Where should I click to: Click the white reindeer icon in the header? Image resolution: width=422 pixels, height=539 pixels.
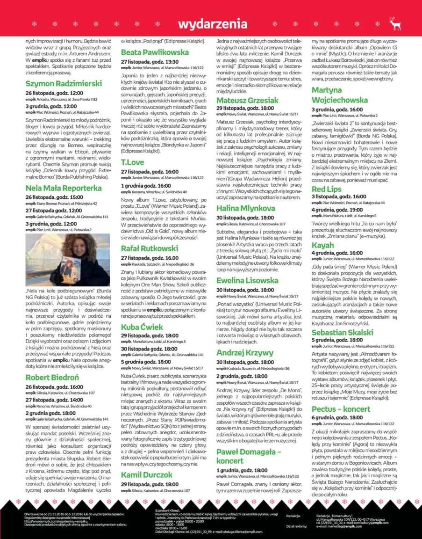(x=395, y=24)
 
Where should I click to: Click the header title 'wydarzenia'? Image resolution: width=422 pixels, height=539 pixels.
(x=212, y=24)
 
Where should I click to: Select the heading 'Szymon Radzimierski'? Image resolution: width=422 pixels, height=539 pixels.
(x=64, y=84)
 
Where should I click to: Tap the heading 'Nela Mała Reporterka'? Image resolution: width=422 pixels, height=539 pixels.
(x=64, y=188)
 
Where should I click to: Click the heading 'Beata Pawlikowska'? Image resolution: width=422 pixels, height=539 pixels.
(x=155, y=52)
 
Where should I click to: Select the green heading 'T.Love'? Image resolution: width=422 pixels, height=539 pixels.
(x=133, y=162)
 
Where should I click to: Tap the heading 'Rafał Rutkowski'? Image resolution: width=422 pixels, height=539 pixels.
(x=150, y=248)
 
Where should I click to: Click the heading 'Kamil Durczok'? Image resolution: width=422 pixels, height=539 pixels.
(x=147, y=475)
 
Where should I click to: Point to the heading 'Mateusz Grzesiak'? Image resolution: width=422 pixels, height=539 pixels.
(x=247, y=100)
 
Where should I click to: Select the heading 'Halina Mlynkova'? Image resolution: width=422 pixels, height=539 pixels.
(x=246, y=208)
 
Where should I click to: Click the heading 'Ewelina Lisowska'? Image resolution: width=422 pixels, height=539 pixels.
(x=247, y=280)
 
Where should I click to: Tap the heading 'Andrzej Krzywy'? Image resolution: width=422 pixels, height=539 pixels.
(x=245, y=353)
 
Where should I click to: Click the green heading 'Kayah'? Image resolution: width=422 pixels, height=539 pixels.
(x=323, y=245)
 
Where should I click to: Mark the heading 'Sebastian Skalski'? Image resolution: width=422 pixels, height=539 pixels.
(x=343, y=332)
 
